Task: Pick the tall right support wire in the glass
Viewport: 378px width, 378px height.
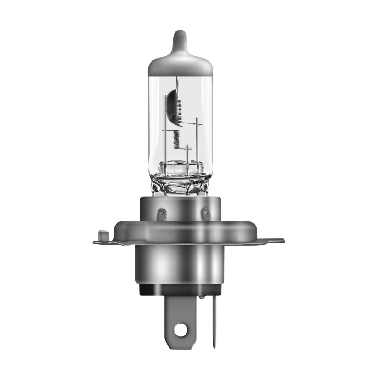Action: [x=197, y=139]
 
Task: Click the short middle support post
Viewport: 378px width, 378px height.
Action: [x=187, y=154]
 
